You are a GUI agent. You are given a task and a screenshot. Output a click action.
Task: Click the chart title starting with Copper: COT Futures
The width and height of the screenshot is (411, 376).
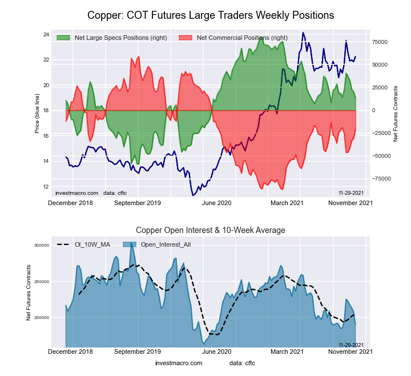211,14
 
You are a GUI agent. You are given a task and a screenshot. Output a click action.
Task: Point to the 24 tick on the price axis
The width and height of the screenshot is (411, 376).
46,35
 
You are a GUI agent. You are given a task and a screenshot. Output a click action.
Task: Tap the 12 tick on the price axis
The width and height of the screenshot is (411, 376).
46,187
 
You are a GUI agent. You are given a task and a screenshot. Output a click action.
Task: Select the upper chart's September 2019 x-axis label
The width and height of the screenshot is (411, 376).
138,203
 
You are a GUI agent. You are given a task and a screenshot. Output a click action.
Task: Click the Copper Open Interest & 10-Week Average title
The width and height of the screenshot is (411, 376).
211,230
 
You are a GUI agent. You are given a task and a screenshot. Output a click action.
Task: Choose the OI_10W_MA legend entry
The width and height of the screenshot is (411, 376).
91,244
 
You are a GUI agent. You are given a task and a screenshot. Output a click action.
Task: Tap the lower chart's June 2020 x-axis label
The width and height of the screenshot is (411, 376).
216,352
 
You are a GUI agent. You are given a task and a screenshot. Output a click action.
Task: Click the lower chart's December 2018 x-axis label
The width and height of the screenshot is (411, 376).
70,352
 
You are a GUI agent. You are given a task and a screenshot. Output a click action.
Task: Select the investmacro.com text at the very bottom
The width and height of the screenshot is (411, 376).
179,363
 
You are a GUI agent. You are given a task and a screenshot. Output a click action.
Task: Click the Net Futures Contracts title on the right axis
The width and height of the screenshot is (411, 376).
396,113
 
